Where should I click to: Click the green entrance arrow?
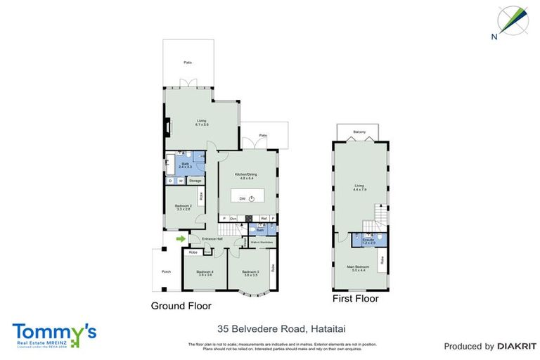181,239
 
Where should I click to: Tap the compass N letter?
494,35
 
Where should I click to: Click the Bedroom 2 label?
183,207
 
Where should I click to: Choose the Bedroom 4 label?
204,273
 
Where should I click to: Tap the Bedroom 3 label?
251,273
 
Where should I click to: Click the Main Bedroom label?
359,268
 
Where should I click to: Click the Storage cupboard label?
195,181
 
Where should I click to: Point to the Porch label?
166,272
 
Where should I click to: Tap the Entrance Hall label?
212,239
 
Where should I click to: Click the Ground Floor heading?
181,306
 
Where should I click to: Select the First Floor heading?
355,299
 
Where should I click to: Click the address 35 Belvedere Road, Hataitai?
269,328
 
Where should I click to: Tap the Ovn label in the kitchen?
233,219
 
